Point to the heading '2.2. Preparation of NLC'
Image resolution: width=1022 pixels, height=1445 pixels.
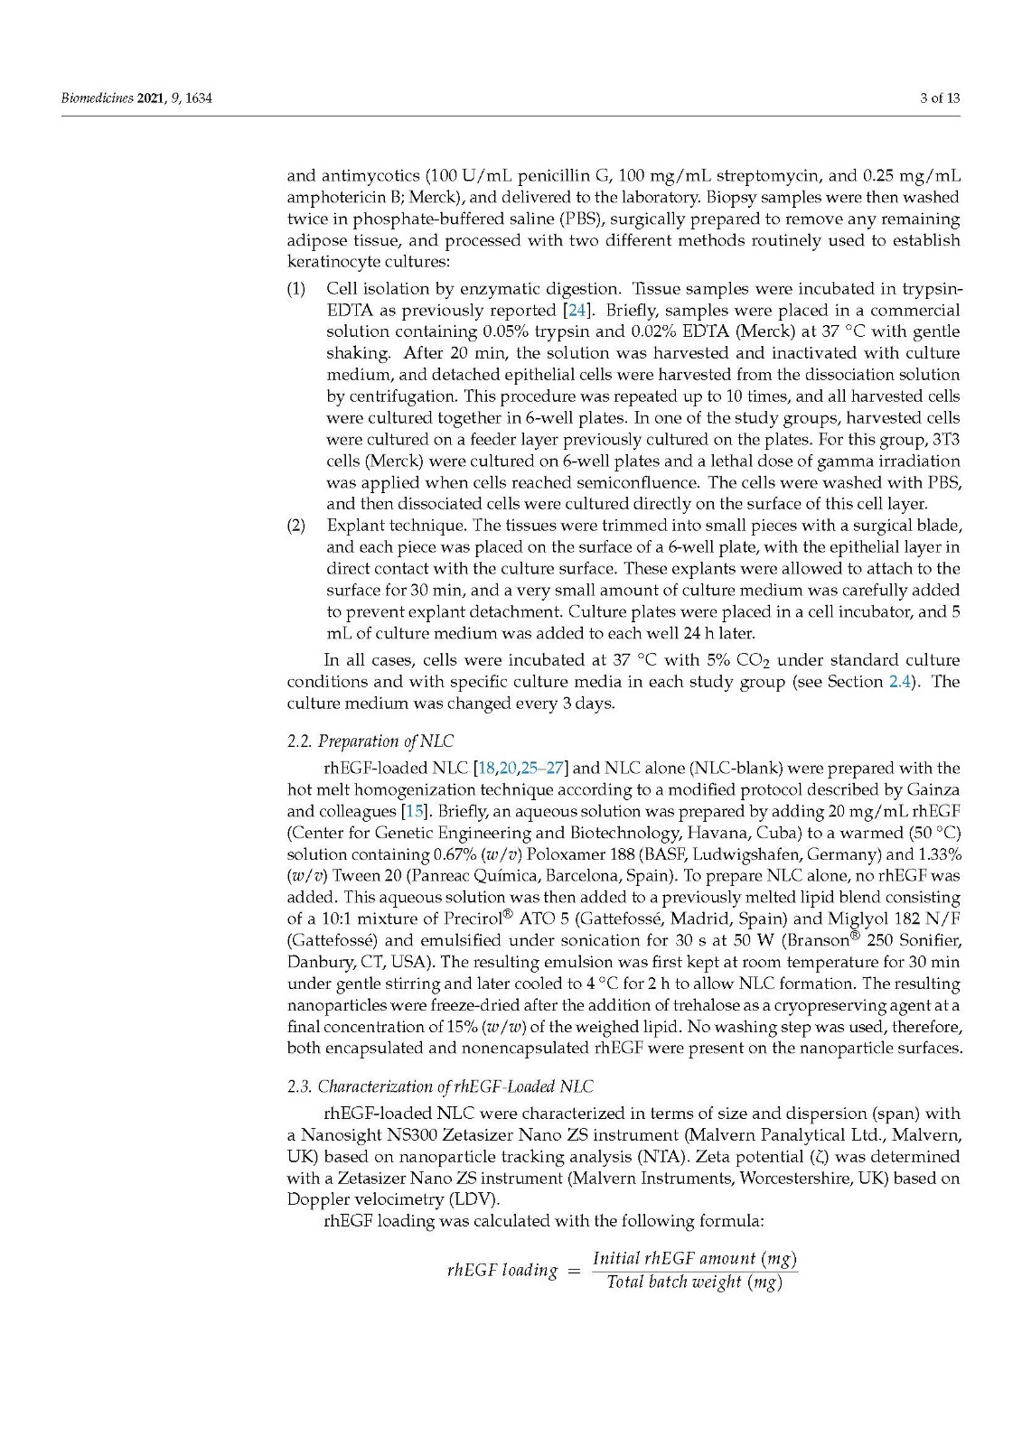(x=370, y=741)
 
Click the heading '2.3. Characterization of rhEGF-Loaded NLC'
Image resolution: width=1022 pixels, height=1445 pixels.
(x=440, y=1086)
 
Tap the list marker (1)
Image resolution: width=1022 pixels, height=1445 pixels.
(x=296, y=289)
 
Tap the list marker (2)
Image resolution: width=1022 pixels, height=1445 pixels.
(x=296, y=526)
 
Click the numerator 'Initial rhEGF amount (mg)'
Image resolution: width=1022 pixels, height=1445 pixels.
(x=694, y=1258)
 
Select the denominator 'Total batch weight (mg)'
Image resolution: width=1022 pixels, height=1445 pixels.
(x=694, y=1282)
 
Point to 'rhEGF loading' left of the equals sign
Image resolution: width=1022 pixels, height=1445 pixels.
(x=502, y=1271)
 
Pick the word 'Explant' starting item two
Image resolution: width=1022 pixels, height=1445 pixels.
(x=356, y=526)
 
